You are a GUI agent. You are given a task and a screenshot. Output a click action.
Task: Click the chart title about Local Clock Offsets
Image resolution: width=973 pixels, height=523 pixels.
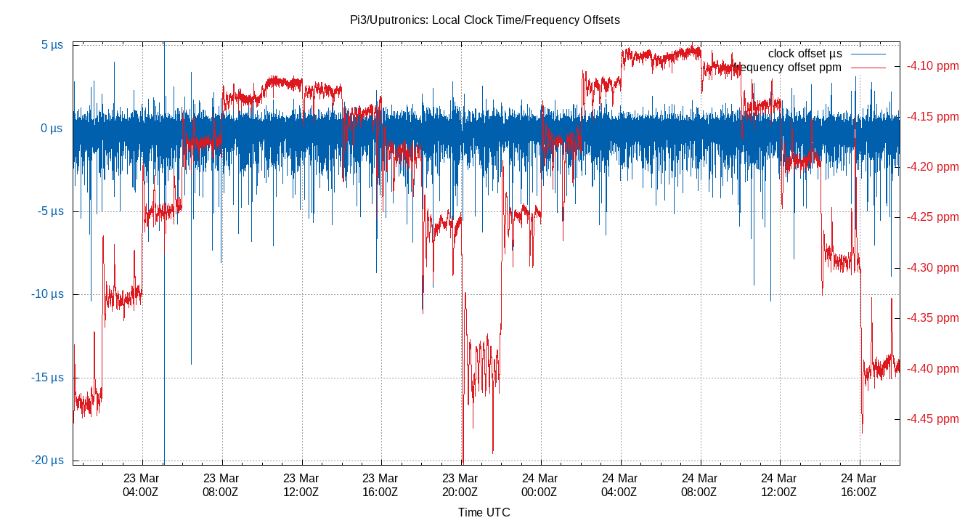[x=485, y=20]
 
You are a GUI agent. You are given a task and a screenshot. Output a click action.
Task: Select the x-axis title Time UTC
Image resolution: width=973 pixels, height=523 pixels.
[x=484, y=512]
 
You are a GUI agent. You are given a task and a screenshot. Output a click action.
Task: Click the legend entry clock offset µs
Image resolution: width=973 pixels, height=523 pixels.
[x=805, y=54]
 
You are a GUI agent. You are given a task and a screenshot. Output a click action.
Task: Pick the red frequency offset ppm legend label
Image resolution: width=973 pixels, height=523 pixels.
[x=790, y=68]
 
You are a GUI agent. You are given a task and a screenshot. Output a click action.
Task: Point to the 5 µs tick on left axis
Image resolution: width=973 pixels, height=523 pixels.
[x=52, y=45]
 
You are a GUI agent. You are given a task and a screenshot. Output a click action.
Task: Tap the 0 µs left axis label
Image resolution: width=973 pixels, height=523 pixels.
[x=52, y=129]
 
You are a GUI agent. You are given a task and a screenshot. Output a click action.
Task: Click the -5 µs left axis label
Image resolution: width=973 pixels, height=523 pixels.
[x=50, y=211]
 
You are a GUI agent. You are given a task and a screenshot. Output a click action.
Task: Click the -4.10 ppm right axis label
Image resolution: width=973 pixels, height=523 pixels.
[x=932, y=66]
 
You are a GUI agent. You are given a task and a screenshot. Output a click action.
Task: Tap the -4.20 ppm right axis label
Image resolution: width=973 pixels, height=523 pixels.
[x=932, y=167]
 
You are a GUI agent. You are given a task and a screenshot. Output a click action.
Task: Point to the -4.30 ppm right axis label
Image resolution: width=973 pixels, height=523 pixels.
[x=932, y=268]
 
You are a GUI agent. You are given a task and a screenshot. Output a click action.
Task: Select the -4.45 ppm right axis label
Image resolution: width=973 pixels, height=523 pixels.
[x=932, y=419]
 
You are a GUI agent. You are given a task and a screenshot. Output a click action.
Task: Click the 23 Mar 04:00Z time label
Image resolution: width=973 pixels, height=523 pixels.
[x=141, y=485]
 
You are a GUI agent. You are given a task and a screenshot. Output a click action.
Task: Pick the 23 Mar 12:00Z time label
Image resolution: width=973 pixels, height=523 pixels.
[x=301, y=485]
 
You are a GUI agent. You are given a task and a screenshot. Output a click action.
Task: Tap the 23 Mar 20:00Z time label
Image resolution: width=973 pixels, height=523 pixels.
[x=460, y=485]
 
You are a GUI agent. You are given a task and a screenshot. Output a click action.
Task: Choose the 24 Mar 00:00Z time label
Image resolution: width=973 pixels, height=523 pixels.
[x=540, y=485]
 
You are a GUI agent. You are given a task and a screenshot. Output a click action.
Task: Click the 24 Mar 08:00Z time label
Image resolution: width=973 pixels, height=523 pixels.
[x=700, y=485]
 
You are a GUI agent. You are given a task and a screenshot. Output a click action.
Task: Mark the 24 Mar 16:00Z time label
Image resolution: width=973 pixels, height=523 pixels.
[x=859, y=485]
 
